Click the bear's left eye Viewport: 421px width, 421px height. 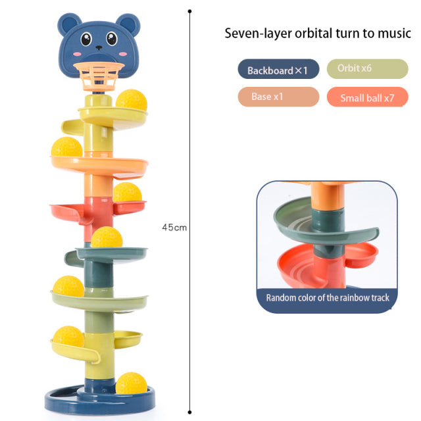click(86, 39)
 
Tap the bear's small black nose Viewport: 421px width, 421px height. click(99, 48)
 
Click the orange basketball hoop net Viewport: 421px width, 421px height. click(99, 76)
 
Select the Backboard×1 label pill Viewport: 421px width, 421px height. click(278, 69)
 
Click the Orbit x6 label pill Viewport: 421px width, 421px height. click(367, 68)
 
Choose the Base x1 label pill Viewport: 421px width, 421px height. click(278, 97)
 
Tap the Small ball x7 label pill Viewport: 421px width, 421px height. click(367, 97)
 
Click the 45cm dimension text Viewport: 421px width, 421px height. click(174, 228)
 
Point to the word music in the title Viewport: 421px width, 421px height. click(394, 34)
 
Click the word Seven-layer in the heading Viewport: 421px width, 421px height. click(259, 34)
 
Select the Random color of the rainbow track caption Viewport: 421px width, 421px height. click(328, 298)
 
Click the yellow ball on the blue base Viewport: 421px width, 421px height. click(132, 383)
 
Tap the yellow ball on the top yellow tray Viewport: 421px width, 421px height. click(132, 100)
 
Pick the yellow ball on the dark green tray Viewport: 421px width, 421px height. click(107, 237)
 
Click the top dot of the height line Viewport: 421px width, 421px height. click(190, 11)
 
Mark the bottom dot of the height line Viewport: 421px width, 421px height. click(190, 412)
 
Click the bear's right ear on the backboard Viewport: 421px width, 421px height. click(128, 24)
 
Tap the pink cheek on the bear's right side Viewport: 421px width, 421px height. click(123, 54)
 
